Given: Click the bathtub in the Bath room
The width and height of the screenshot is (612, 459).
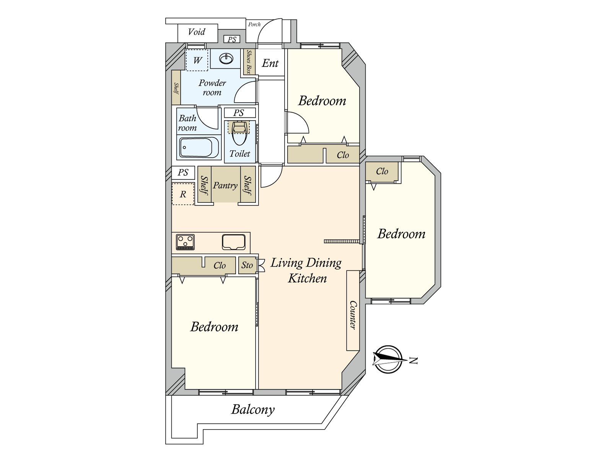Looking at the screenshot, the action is (x=199, y=147).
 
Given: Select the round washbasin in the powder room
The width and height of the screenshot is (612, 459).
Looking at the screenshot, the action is (x=226, y=59).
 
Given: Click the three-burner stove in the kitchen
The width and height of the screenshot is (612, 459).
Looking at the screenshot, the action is (x=185, y=242).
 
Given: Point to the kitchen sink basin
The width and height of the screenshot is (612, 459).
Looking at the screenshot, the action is (x=234, y=242).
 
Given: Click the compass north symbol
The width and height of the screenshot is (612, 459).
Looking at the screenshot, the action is (x=388, y=360).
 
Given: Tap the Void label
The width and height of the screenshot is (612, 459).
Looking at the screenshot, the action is (x=197, y=32).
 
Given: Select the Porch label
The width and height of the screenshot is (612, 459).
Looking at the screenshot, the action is (x=254, y=24).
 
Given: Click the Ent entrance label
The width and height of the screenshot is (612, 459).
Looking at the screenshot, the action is (x=270, y=63).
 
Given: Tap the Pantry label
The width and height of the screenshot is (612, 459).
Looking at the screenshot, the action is (x=225, y=186).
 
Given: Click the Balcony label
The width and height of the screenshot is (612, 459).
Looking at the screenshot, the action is (x=253, y=410).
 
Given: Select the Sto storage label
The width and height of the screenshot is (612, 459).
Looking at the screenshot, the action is (x=247, y=265).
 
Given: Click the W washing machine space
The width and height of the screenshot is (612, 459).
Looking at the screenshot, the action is (x=197, y=60).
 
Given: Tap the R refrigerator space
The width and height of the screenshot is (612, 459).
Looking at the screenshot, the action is (x=183, y=194).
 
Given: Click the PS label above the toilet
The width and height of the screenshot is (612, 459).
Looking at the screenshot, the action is (x=239, y=113).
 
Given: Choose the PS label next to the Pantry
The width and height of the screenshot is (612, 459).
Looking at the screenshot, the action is (x=183, y=173).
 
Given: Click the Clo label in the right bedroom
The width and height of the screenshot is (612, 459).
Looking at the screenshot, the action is (x=382, y=171).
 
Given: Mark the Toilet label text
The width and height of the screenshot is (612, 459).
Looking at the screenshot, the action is (x=239, y=153).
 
